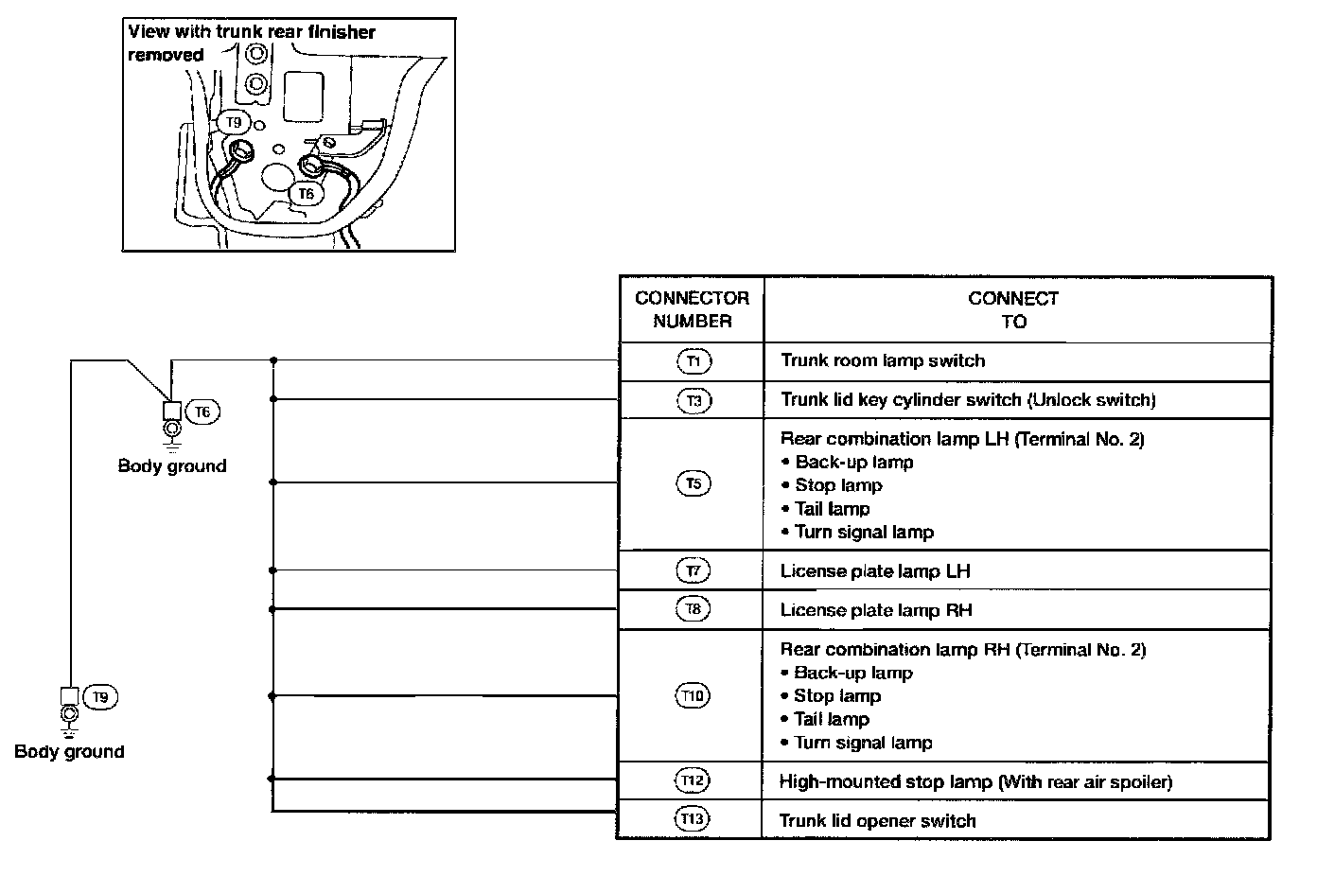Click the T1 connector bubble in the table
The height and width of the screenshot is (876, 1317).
[x=694, y=360]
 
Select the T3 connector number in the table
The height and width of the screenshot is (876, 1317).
[x=694, y=400]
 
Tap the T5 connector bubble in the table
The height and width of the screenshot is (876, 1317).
[x=694, y=483]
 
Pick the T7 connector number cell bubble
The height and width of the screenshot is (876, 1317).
[x=694, y=570]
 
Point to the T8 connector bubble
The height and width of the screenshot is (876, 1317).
[x=694, y=609]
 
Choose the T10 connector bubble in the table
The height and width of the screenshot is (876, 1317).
[x=694, y=696]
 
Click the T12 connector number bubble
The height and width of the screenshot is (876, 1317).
[x=694, y=780]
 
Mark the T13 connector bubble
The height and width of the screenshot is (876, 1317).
[x=694, y=819]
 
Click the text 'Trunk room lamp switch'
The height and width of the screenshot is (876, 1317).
[x=883, y=360]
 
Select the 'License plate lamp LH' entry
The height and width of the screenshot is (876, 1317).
[x=875, y=571]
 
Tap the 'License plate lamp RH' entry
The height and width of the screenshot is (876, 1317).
[x=876, y=610]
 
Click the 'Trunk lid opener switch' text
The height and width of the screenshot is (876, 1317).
[x=877, y=821]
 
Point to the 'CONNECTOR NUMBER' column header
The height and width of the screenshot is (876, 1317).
[x=692, y=309]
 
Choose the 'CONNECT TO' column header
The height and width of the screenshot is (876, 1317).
[x=1013, y=309]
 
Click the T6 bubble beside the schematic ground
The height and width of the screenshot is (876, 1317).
[x=203, y=412]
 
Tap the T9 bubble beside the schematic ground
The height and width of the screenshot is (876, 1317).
[x=101, y=697]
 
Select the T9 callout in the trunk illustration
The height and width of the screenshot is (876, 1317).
[x=234, y=122]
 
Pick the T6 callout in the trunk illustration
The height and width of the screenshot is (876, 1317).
[x=307, y=194]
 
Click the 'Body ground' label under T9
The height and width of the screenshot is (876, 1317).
[x=69, y=752]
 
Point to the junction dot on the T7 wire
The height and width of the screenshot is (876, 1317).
[x=272, y=570]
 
